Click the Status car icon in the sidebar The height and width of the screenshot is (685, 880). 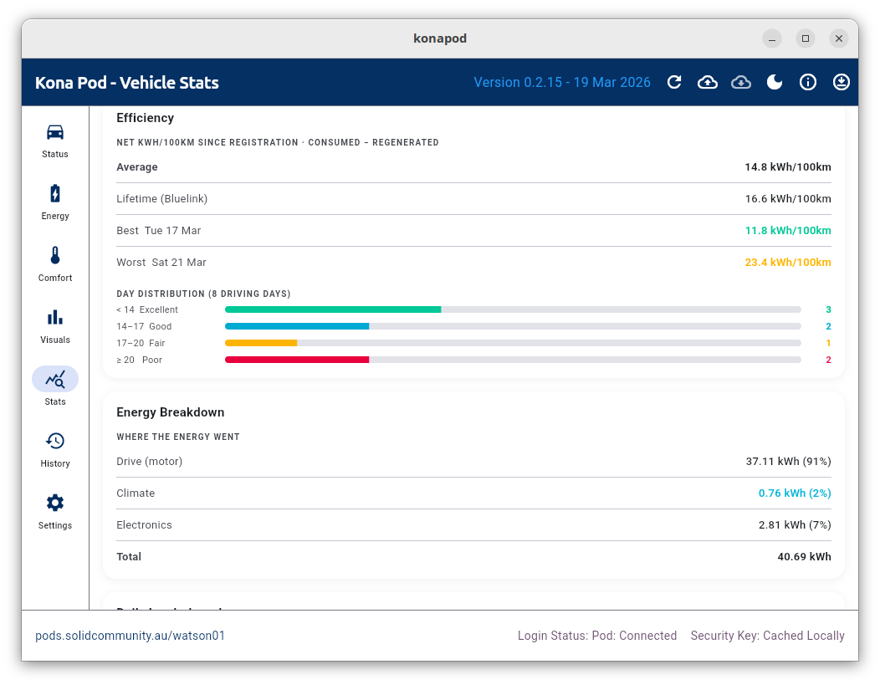pos(55,132)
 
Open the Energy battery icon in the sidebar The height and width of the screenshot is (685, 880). pos(55,194)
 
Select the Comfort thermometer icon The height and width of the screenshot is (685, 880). pos(55,256)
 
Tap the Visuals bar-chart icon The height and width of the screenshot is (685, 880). pos(55,318)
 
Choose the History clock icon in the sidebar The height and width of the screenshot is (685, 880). pos(55,442)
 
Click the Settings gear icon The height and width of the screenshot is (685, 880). pos(55,504)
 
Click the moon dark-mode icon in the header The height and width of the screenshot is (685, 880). pos(775,82)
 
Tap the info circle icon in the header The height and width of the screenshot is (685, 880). pos(808,82)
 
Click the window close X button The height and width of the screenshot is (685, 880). pos(839,38)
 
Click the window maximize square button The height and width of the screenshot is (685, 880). pos(806,38)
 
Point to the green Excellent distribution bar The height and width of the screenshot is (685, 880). pos(333,309)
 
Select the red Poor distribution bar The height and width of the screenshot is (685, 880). pos(297,360)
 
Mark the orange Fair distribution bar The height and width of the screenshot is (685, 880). pos(261,343)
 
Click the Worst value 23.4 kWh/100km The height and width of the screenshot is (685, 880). pos(788,263)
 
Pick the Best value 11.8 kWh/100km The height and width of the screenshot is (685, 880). pos(788,231)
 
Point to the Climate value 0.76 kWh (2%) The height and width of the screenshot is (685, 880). pos(795,493)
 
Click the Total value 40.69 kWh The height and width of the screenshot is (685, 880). pos(804,557)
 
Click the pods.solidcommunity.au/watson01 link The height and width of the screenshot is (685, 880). pos(130,636)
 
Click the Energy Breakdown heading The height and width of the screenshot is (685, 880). pos(171,412)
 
